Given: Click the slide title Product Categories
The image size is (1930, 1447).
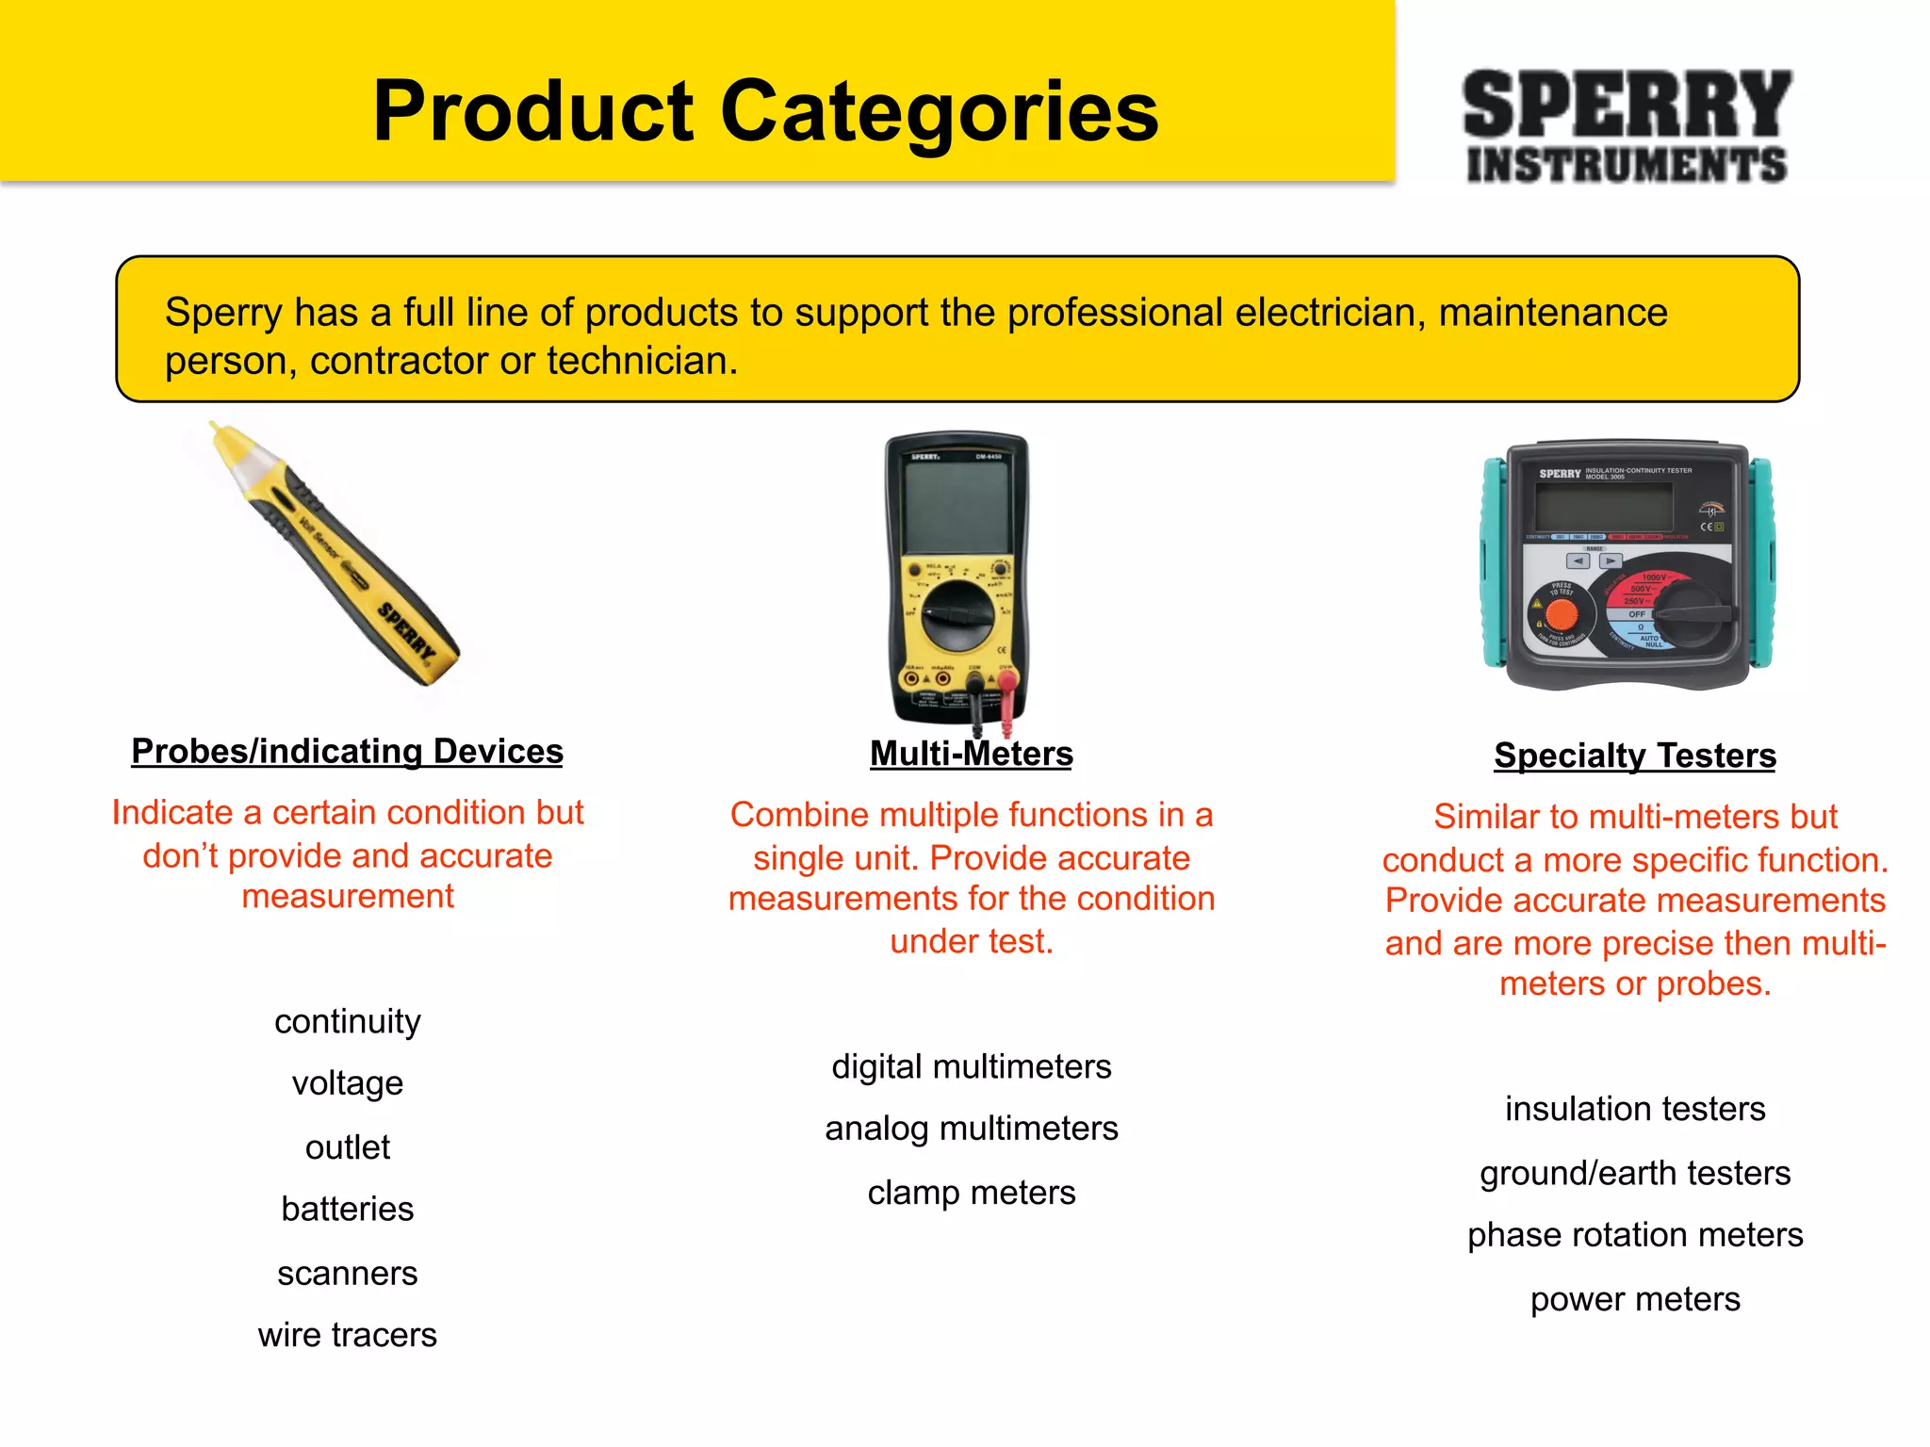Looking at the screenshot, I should [x=765, y=111].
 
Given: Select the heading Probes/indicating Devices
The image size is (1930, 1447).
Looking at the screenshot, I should [x=347, y=752].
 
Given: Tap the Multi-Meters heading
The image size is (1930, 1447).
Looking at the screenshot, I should [x=971, y=754].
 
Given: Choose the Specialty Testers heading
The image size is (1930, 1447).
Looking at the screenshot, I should [x=1634, y=756].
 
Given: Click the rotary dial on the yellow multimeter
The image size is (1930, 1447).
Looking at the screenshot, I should [x=957, y=615].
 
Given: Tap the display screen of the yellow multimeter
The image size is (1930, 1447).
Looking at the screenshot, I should [x=956, y=509].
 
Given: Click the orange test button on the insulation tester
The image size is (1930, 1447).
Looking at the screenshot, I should [x=1562, y=614].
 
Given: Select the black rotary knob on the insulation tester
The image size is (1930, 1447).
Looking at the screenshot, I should [x=1692, y=613].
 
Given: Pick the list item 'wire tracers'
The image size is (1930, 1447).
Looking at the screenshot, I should [x=347, y=1335].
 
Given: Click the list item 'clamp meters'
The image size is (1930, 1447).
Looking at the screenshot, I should [x=971, y=1193].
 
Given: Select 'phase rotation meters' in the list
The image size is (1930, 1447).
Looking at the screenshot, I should [x=1634, y=1235].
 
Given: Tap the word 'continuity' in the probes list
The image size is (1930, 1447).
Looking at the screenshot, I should [x=347, y=1021].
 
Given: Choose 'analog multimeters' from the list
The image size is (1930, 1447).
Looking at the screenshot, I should [x=971, y=1129].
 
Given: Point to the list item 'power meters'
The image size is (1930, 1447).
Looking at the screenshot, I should [x=1634, y=1299].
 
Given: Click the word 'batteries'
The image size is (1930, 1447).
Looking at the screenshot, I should [x=347, y=1209].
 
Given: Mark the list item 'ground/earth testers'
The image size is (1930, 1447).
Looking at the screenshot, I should [x=1634, y=1173].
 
